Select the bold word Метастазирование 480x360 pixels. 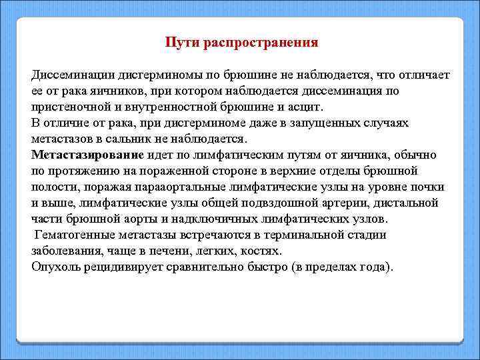[87, 155]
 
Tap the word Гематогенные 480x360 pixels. [73, 235]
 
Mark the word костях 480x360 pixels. [264, 251]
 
